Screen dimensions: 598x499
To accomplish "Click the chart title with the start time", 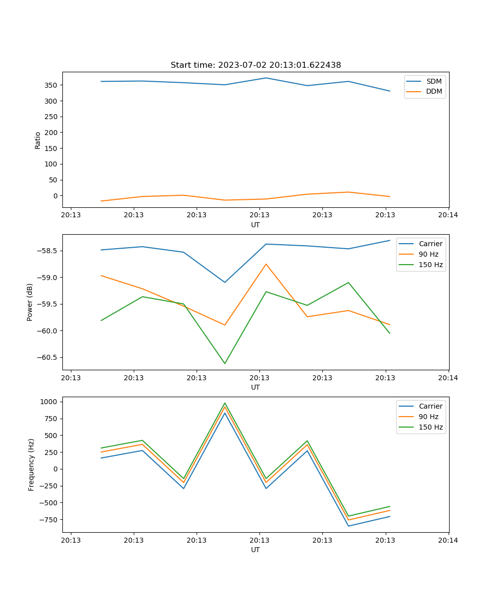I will (255, 65).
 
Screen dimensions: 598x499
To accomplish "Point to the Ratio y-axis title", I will (38, 140).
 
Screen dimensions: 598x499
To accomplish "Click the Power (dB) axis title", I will (30, 302).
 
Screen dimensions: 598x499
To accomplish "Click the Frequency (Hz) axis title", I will (31, 464).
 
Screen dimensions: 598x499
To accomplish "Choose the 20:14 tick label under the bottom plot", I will (448, 540).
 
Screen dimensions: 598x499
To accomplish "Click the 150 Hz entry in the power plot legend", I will (431, 265).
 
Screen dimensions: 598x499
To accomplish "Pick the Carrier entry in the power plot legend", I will (431, 244).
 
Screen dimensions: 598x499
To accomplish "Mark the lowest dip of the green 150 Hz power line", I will (225, 363).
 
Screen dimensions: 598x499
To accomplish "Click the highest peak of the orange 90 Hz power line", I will (266, 264).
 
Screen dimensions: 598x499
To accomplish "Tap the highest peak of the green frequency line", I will (225, 403).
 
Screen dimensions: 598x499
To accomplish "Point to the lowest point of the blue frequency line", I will (348, 526).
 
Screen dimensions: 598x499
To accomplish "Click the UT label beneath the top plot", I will (255, 225).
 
